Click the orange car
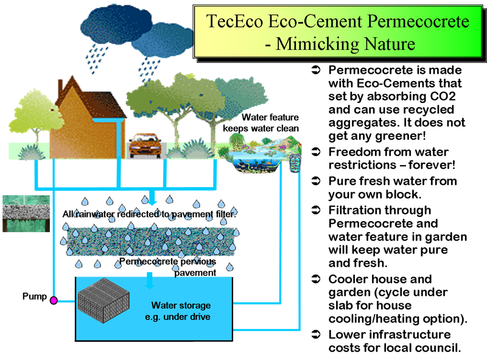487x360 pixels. pos(145,145)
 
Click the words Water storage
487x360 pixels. pos(178,306)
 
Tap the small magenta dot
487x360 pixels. pos(53,300)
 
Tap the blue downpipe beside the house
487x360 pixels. pos(116,137)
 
